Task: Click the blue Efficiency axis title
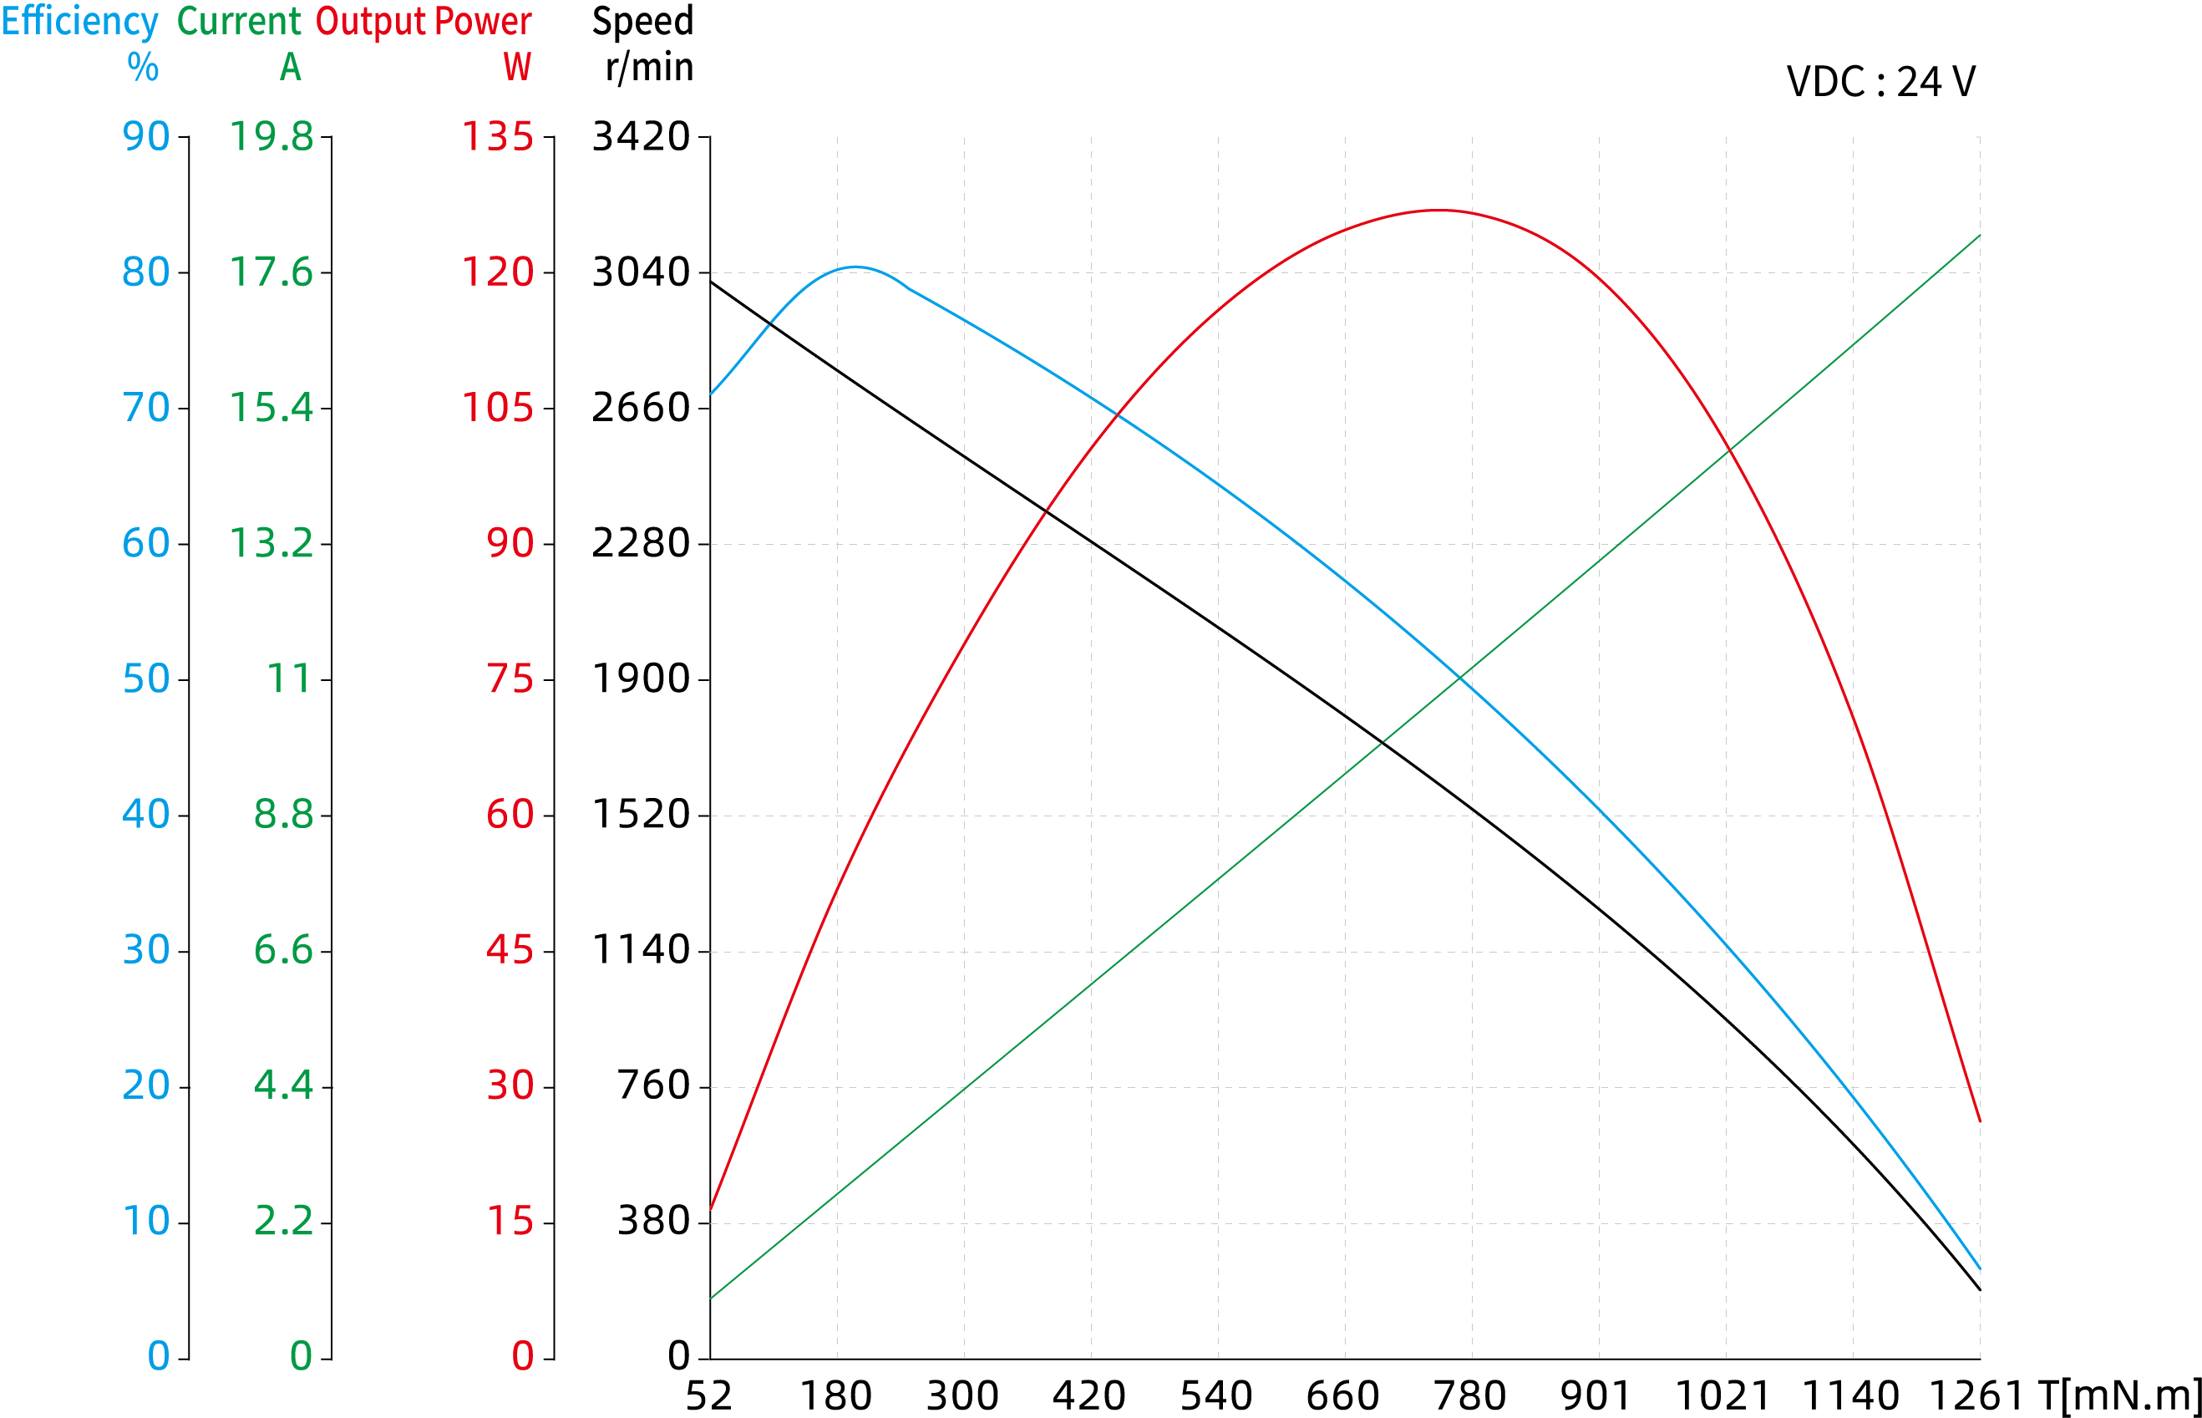click(x=80, y=22)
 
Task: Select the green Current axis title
click(x=238, y=22)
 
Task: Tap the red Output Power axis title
click(x=424, y=22)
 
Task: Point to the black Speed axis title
click(x=642, y=22)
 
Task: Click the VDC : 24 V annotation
click(x=1880, y=82)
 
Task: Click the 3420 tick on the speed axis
click(x=641, y=137)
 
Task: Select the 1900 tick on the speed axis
click(x=641, y=679)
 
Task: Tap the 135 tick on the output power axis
click(x=497, y=137)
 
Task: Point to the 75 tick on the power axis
click(x=510, y=679)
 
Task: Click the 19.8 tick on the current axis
click(x=271, y=137)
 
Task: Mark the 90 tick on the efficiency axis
click(x=146, y=137)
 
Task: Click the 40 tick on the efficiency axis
click(x=146, y=815)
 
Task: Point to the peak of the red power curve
click(x=1438, y=211)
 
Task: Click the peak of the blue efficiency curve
click(x=855, y=267)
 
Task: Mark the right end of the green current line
click(x=1979, y=236)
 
